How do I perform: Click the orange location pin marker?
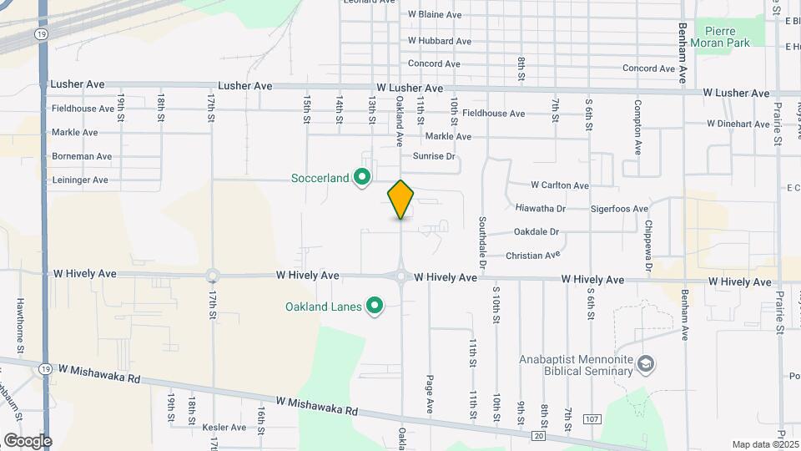(x=401, y=199)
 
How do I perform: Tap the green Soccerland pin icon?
(x=362, y=178)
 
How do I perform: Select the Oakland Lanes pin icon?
(x=375, y=307)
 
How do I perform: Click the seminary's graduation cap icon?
(x=646, y=364)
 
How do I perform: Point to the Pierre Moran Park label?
(x=722, y=37)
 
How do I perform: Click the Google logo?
(x=28, y=441)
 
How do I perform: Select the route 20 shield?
(x=540, y=436)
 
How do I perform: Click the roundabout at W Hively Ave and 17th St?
(x=213, y=275)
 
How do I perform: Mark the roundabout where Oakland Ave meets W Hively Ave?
(x=401, y=276)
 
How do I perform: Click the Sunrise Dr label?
(x=434, y=156)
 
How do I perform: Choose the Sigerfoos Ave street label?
(x=619, y=208)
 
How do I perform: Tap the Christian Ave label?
(x=537, y=256)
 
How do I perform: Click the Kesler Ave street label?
(x=224, y=428)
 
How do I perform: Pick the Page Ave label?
(x=431, y=393)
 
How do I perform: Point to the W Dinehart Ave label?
(x=738, y=124)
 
